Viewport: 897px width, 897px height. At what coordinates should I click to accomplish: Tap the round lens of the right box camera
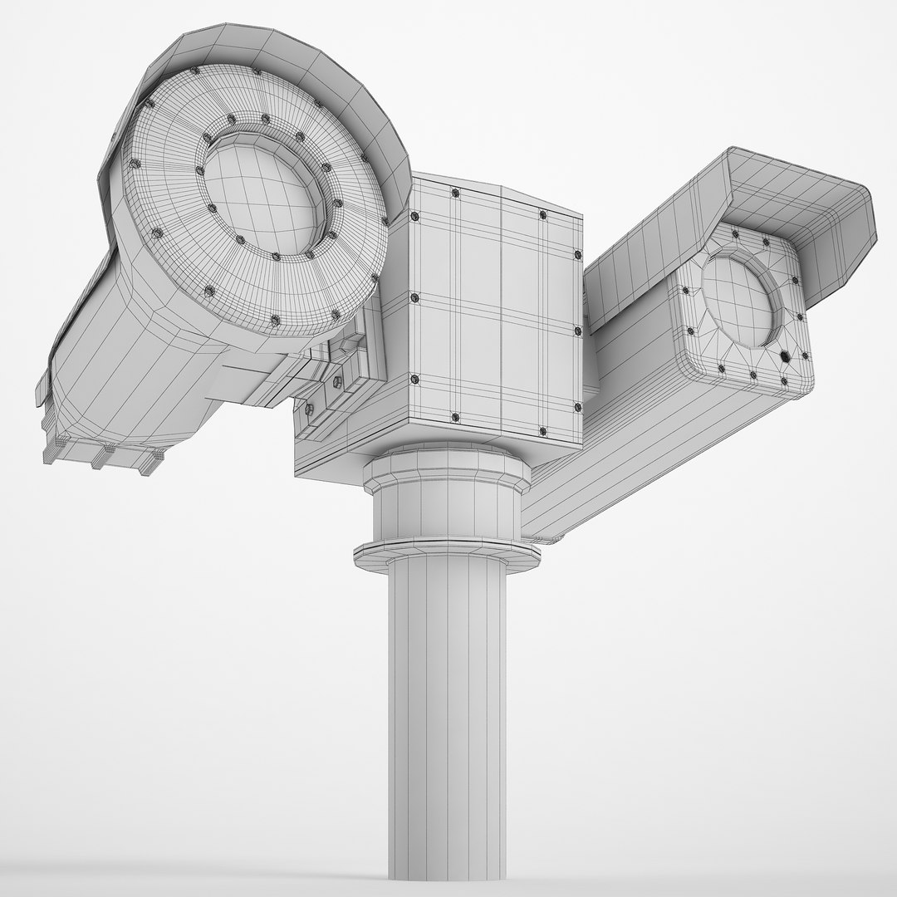tap(737, 301)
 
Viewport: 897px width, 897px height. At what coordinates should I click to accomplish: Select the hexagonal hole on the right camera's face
tap(786, 355)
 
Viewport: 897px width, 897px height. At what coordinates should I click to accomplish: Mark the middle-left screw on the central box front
tap(414, 297)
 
